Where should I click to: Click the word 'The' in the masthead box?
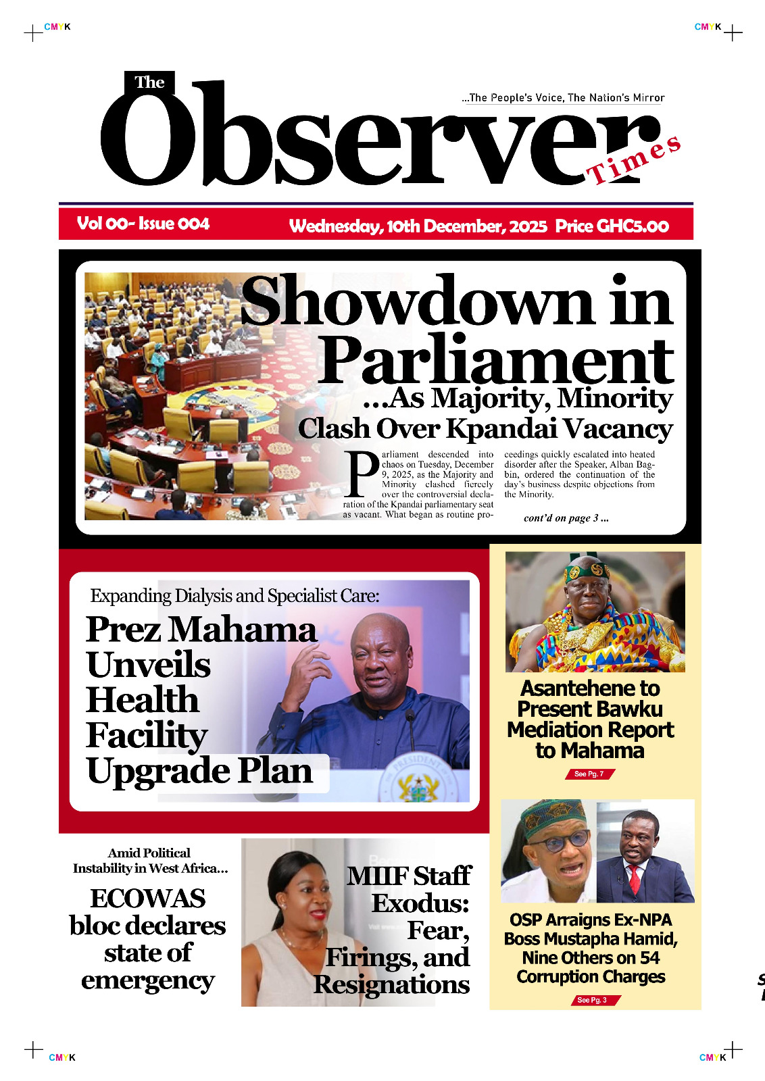(x=149, y=82)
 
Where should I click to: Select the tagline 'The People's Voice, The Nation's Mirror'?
(x=563, y=98)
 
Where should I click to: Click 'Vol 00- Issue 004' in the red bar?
(x=143, y=224)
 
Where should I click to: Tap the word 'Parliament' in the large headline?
(x=496, y=360)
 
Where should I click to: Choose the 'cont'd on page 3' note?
(x=566, y=518)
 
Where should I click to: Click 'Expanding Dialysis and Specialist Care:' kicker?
(x=235, y=596)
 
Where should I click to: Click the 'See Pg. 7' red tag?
(x=589, y=774)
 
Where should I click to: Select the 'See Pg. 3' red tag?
(x=592, y=1000)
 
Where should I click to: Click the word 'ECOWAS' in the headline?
(x=148, y=899)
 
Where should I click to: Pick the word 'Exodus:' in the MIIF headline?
(x=420, y=903)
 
